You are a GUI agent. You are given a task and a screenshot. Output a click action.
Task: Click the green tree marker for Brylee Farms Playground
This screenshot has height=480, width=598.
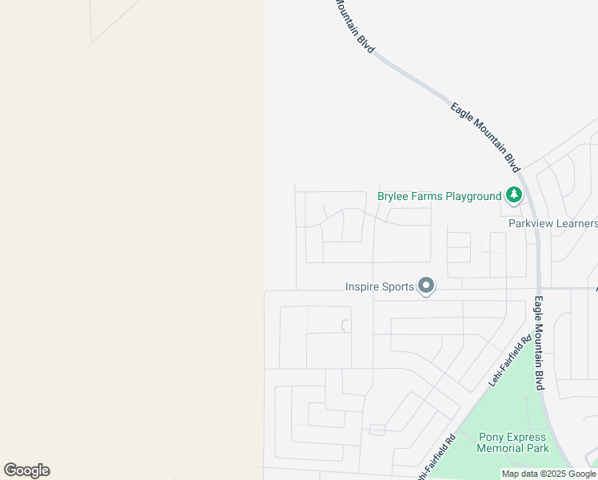click(512, 195)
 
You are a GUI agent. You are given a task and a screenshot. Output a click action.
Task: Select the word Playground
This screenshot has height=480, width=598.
click(473, 196)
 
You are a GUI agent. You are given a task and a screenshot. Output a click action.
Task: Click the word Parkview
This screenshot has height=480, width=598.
click(530, 223)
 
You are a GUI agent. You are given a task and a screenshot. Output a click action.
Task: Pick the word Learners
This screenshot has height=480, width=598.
click(576, 223)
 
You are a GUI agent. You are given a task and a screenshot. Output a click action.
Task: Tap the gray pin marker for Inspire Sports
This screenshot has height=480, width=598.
click(426, 286)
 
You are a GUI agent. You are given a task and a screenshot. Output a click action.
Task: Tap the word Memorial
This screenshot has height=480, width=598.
click(501, 448)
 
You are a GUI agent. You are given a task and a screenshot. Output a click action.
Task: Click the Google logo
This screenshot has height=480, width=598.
click(26, 470)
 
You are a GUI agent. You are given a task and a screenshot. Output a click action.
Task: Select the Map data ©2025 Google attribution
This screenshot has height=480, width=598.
click(548, 474)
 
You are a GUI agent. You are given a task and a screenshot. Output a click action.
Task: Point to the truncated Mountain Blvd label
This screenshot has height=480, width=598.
click(353, 26)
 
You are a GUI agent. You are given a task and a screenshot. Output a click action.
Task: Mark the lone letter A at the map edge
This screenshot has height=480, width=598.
click(595, 287)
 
